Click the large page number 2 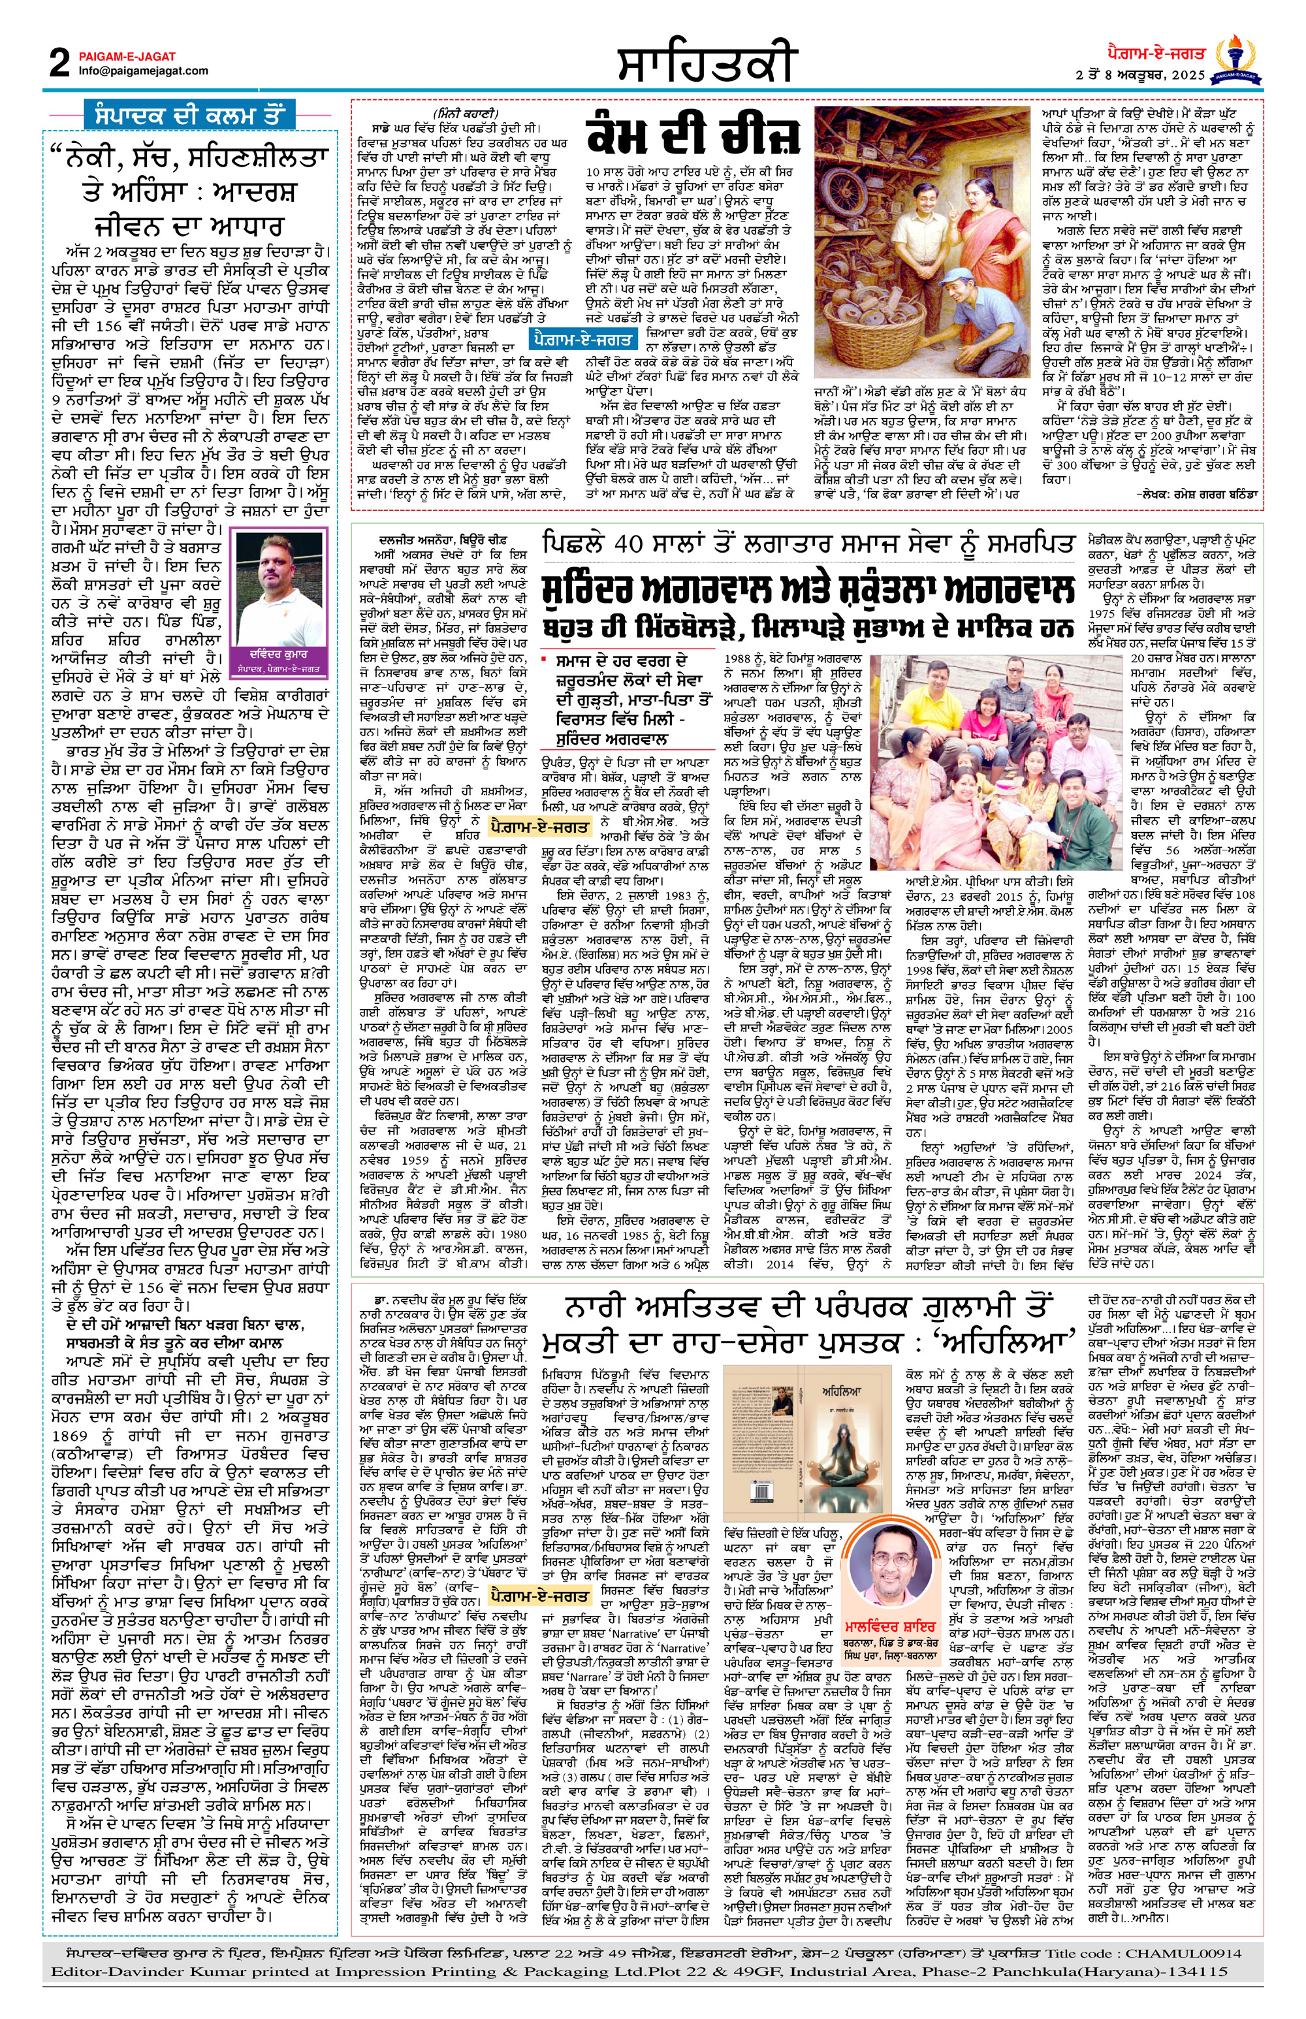point(59,63)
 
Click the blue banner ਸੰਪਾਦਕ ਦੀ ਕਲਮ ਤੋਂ point(196,114)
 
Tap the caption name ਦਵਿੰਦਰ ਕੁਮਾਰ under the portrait point(279,655)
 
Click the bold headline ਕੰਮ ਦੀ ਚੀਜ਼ point(692,137)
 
